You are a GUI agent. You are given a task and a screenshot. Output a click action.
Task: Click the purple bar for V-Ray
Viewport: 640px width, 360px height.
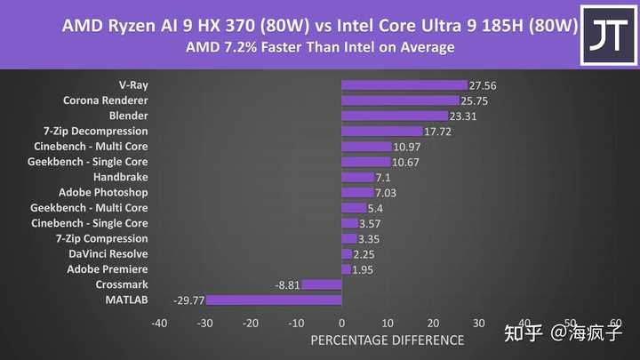point(404,85)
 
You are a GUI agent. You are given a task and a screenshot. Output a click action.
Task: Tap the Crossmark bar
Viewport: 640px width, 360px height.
point(322,284)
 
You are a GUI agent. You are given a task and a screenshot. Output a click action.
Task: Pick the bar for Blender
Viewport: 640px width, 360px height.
point(395,116)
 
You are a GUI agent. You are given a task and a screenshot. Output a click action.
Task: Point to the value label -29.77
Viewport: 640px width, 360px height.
point(188,300)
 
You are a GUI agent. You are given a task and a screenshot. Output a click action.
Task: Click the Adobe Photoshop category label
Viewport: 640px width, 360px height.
point(103,192)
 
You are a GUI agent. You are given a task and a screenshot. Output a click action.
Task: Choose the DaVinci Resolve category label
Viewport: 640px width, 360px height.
point(108,253)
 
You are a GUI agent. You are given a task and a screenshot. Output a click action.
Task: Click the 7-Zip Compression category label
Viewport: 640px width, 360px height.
point(101,238)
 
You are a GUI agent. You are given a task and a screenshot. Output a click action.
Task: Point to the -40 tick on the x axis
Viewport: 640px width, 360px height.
point(159,323)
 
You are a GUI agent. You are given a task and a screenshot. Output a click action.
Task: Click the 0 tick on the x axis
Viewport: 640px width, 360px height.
point(341,323)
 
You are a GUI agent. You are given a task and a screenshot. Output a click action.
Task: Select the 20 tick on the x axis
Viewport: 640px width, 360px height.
point(433,323)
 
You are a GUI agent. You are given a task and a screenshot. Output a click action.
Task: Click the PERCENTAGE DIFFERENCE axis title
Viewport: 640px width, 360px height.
point(387,340)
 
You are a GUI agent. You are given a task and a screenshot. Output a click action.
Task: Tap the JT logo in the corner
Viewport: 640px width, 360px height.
point(609,34)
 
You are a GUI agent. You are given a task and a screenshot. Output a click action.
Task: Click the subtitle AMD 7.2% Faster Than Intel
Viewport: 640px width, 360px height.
point(320,46)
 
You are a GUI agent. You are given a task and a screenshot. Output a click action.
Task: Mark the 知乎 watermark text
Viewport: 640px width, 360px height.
point(524,333)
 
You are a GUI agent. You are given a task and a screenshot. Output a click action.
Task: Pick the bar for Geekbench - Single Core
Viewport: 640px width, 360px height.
point(365,162)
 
